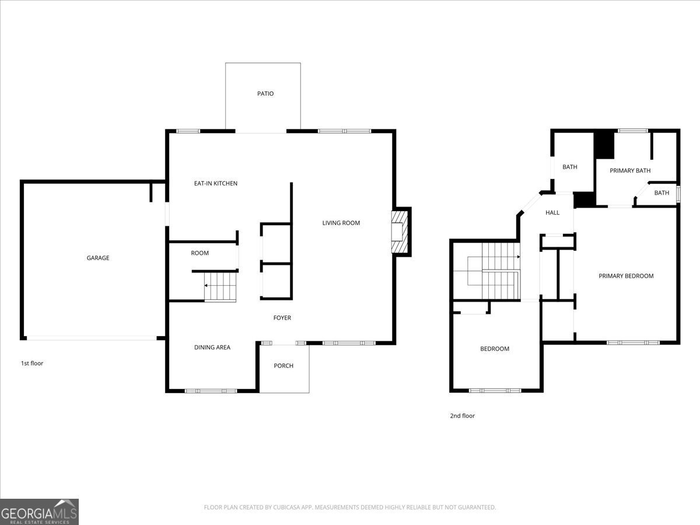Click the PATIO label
[265, 94]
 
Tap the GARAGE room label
[98, 258]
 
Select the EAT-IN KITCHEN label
[216, 183]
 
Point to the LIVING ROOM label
[341, 223]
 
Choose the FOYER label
[282, 318]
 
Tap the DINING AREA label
[212, 348]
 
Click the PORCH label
[283, 366]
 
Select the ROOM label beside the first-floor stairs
[200, 253]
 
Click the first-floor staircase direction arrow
[206, 285]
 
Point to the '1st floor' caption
[32, 363]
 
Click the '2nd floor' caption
[463, 416]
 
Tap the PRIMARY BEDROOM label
[626, 276]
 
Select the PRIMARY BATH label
[630, 170]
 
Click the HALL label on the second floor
[552, 212]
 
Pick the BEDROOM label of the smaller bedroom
[495, 349]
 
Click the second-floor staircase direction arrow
[519, 257]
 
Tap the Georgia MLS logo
[39, 512]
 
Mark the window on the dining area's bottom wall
[211, 391]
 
